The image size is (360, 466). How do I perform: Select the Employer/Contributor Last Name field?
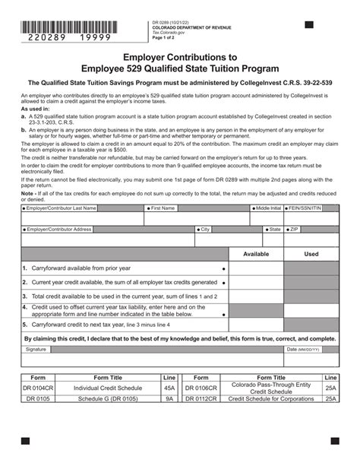tap(82, 220)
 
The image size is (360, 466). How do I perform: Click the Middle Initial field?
tap(267, 220)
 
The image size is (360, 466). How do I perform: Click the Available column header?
tap(255, 254)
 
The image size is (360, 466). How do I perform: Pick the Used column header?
tap(311, 254)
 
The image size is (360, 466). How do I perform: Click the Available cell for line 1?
tap(255, 268)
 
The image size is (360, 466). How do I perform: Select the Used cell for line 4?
tap(311, 310)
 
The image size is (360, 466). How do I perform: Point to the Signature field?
tap(152, 356)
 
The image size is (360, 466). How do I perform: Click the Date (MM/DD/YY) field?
tap(311, 356)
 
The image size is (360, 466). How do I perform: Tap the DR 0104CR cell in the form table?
tap(37, 387)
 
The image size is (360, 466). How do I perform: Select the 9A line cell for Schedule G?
tap(169, 397)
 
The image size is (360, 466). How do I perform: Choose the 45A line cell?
tap(169, 387)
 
